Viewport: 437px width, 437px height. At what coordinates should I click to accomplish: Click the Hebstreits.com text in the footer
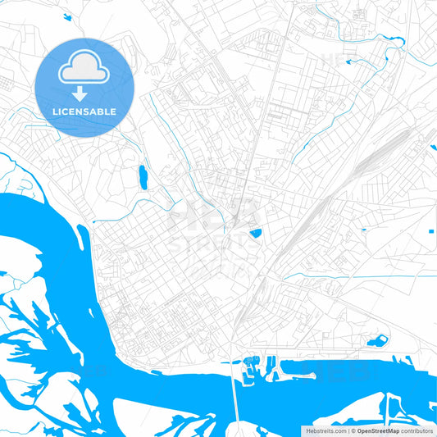(324, 430)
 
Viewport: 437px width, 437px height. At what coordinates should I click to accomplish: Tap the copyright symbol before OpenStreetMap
(353, 430)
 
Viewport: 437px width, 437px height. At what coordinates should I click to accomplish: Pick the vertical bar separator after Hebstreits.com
(348, 430)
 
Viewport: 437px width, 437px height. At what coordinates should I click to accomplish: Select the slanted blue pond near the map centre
(256, 233)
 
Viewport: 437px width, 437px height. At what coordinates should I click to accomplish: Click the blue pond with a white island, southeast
(378, 340)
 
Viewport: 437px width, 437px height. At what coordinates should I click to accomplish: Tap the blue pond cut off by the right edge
(433, 148)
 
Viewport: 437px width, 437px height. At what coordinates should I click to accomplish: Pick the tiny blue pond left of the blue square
(366, 230)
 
